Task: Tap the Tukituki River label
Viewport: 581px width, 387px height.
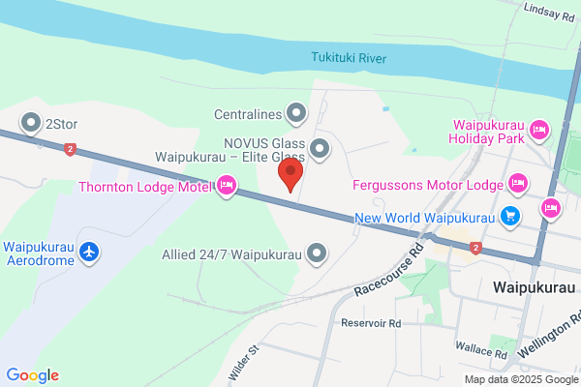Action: [349, 58]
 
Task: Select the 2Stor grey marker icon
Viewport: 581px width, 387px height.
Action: [32, 123]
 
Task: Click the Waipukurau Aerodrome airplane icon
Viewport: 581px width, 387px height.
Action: [90, 252]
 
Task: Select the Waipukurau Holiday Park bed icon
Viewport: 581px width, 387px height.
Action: [540, 129]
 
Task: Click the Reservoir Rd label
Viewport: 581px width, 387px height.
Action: [370, 322]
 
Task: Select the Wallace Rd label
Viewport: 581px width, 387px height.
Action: [481, 355]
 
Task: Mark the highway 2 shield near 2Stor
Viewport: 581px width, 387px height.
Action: [70, 149]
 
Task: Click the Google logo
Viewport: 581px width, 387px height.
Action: [32, 375]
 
